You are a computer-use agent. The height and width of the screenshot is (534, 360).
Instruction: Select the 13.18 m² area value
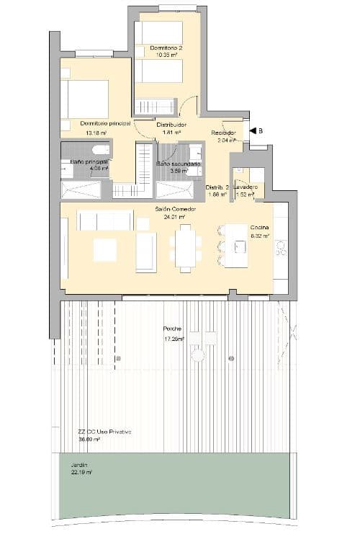pyautogui.click(x=96, y=133)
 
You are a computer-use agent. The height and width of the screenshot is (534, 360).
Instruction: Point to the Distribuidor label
pyautogui.click(x=171, y=125)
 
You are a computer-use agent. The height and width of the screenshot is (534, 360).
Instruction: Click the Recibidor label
pyautogui.click(x=224, y=133)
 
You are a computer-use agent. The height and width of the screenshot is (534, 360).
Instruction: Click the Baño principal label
pyautogui.click(x=89, y=162)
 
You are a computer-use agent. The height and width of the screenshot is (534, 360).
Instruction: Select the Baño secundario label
pyautogui.click(x=179, y=164)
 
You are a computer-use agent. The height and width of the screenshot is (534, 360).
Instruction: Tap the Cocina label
pyautogui.click(x=259, y=227)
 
